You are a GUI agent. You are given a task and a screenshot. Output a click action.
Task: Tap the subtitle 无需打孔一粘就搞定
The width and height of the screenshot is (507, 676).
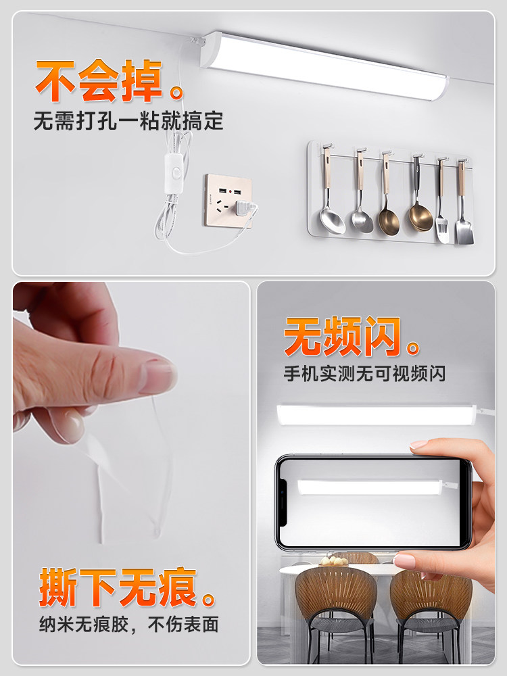pyautogui.click(x=128, y=122)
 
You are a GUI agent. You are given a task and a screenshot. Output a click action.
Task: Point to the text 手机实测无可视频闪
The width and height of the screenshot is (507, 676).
pyautogui.click(x=365, y=373)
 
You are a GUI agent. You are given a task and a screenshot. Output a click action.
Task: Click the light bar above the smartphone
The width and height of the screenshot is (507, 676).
pyautogui.click(x=376, y=414)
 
